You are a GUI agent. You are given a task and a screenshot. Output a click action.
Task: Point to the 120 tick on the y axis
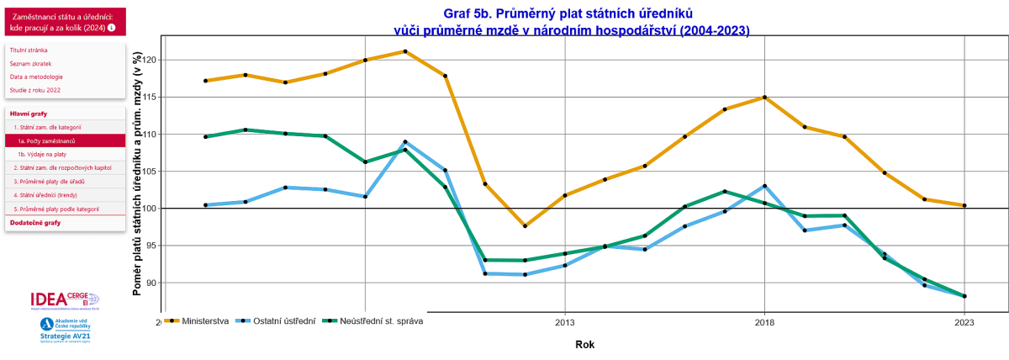point(150,60)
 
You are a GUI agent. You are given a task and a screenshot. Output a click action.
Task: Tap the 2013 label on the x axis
point(564,323)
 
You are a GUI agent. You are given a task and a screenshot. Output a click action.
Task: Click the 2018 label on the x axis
point(764,323)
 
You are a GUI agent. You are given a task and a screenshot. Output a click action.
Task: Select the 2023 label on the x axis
point(964,323)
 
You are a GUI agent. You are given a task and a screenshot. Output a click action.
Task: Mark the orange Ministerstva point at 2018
point(764,97)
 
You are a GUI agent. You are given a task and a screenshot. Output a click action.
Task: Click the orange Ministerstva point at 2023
point(964,205)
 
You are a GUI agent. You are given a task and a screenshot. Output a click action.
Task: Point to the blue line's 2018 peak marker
point(764,186)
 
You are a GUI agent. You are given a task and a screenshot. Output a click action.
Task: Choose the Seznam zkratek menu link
point(29,63)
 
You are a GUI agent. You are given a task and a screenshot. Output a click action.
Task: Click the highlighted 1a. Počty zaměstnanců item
point(46,140)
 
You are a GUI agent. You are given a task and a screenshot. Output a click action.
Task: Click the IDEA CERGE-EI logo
point(64,300)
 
